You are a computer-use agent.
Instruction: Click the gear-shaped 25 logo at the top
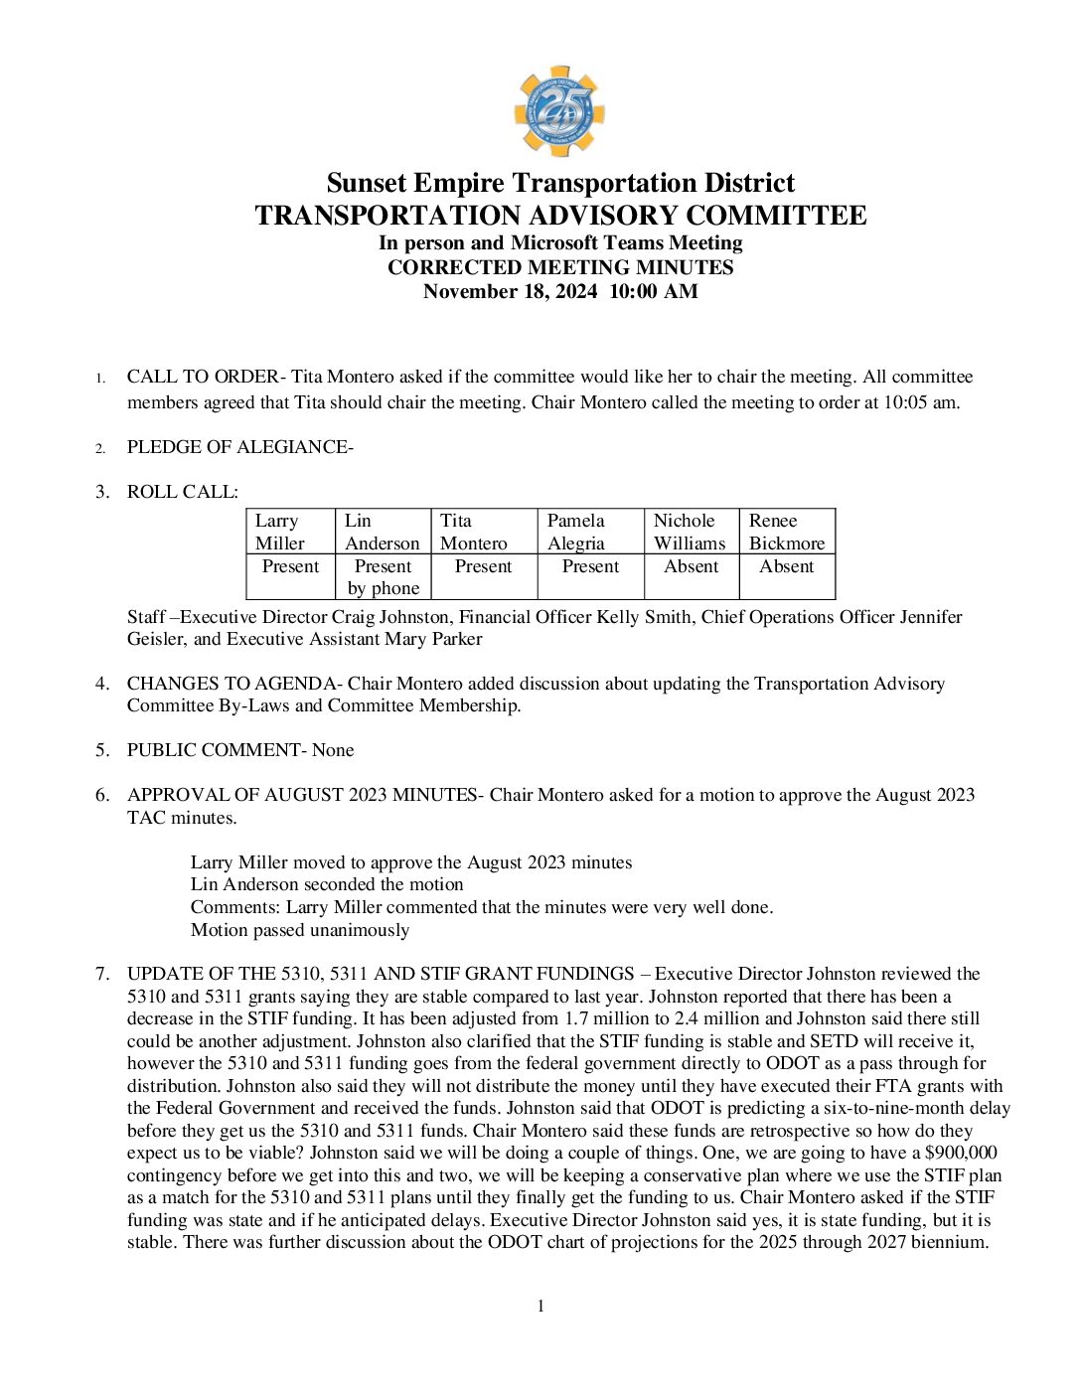[x=559, y=111]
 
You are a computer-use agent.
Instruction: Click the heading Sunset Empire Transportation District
[x=560, y=183]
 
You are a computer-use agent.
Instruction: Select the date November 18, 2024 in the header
[x=511, y=291]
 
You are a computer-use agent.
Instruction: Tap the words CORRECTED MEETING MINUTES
[x=560, y=267]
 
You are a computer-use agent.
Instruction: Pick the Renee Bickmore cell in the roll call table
[x=786, y=532]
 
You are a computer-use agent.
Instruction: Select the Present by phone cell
[x=383, y=577]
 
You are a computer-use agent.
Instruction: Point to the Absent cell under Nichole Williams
[x=691, y=566]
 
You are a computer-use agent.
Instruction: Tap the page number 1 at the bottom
[x=540, y=1306]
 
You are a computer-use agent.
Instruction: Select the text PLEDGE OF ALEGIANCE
[x=237, y=447]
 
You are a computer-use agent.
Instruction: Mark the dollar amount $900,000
[x=961, y=1153]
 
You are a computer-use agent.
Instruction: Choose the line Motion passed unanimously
[x=300, y=930]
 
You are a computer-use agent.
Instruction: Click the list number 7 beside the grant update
[x=101, y=974]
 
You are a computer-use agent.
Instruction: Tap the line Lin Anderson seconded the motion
[x=327, y=884]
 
